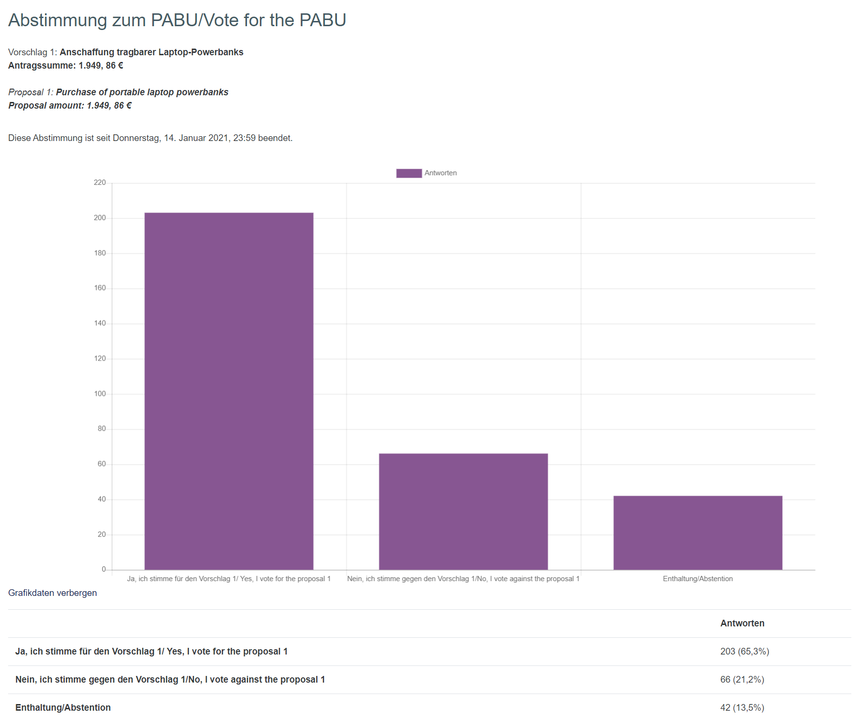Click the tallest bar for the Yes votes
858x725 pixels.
pyautogui.click(x=229, y=391)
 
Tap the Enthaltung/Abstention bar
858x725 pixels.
pyautogui.click(x=698, y=533)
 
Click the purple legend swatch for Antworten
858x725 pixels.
pyautogui.click(x=409, y=173)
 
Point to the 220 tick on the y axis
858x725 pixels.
pyautogui.click(x=100, y=182)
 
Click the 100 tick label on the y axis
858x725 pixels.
pyautogui.click(x=100, y=394)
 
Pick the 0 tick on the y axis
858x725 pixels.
pyautogui.click(x=104, y=569)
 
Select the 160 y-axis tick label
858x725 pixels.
pyautogui.click(x=100, y=288)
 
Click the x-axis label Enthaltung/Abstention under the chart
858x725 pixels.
pyautogui.click(x=698, y=579)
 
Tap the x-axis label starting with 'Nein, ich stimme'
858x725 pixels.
pyautogui.click(x=463, y=579)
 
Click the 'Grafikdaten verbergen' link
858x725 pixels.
pyautogui.click(x=52, y=593)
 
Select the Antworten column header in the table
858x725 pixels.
pyautogui.click(x=742, y=624)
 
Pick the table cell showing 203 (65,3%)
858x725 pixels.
pyautogui.click(x=744, y=652)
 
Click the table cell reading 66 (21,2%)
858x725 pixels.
pyautogui.click(x=742, y=680)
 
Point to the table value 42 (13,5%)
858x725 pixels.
pyautogui.click(x=742, y=708)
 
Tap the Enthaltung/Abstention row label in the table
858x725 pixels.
pyautogui.click(x=63, y=708)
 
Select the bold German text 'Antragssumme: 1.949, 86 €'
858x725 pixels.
pyautogui.click(x=66, y=66)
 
